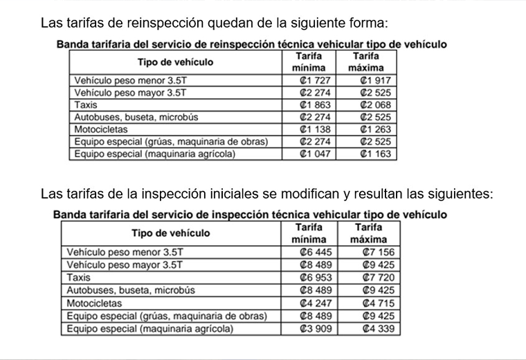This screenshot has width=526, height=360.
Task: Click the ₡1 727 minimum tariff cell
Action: click(309, 80)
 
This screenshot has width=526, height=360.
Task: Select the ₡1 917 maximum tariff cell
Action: click(367, 80)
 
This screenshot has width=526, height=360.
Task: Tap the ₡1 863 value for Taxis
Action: click(309, 105)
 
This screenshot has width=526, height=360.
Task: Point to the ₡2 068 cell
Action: click(367, 105)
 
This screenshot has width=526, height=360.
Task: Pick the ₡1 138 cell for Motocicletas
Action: click(309, 129)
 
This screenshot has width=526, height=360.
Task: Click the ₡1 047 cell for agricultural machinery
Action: click(309, 154)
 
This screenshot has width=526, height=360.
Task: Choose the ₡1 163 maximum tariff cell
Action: click(367, 154)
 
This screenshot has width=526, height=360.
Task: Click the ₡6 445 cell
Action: click(309, 253)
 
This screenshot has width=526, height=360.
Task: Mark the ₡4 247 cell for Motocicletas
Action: click(309, 303)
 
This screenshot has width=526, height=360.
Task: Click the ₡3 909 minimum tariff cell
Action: click(309, 329)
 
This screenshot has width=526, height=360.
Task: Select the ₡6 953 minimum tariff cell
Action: click(309, 278)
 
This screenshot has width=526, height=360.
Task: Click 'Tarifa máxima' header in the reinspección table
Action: click(366, 62)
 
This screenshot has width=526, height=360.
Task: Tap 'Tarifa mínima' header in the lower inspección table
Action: click(309, 233)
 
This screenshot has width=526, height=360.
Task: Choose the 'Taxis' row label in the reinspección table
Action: click(87, 105)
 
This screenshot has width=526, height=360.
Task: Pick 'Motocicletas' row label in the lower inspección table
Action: click(94, 303)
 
